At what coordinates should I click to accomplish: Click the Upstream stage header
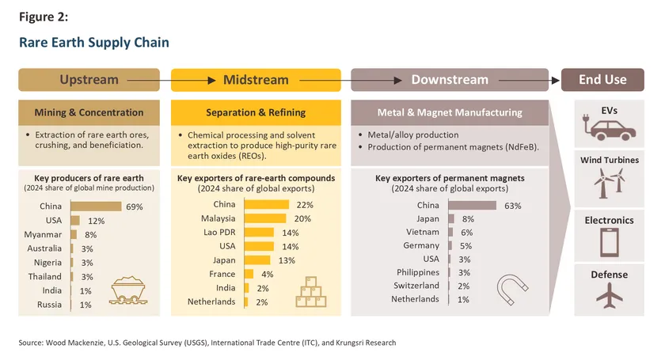pos(89,80)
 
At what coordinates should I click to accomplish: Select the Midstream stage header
pos(256,80)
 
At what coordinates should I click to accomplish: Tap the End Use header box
pos(603,80)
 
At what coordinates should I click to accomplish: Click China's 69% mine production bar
pos(96,207)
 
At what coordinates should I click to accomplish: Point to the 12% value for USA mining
pos(96,221)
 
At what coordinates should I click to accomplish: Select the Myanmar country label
pos(44,234)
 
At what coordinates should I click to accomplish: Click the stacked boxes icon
pos(310,292)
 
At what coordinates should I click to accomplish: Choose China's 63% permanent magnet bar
pos(473,206)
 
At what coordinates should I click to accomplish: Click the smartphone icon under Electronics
pos(609,242)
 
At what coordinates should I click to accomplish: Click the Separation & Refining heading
pos(256,112)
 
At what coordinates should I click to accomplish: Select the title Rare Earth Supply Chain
pos(94,42)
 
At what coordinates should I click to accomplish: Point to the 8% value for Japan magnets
pos(467,219)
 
